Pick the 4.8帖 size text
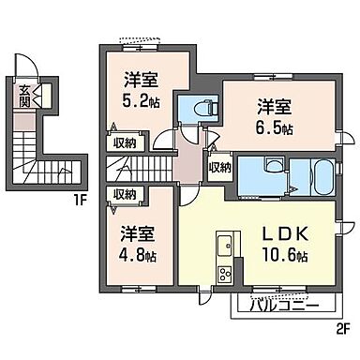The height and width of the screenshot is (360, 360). (137, 254)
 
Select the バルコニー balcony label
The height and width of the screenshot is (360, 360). (284, 304)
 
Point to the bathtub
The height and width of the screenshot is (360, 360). (313, 175)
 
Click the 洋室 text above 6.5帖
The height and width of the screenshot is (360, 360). (274, 104)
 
